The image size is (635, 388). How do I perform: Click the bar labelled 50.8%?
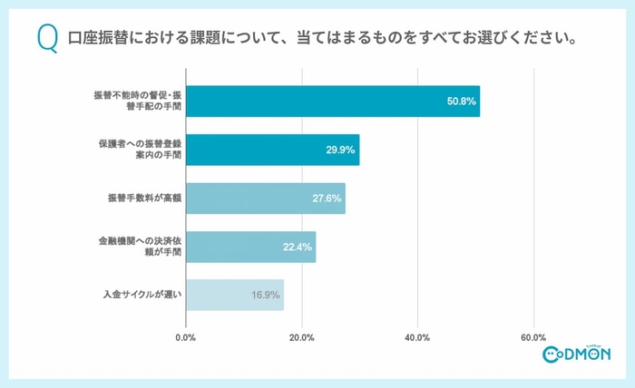332,101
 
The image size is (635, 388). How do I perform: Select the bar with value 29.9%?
272,150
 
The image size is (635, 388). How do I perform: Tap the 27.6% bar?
265,198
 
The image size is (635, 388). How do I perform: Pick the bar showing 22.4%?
250,247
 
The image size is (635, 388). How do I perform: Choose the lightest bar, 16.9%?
234,295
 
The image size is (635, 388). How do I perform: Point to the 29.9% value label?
341,150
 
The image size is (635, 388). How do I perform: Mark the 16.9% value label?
266,295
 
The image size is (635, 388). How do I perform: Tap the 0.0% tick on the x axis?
185,338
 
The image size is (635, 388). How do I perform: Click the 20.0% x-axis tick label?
301,338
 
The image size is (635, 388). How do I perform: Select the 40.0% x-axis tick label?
417,338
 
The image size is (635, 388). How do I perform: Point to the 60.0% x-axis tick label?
533,338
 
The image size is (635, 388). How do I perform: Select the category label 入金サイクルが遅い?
142,295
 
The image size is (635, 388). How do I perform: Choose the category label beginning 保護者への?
140,150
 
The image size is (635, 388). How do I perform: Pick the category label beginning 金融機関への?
140,247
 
